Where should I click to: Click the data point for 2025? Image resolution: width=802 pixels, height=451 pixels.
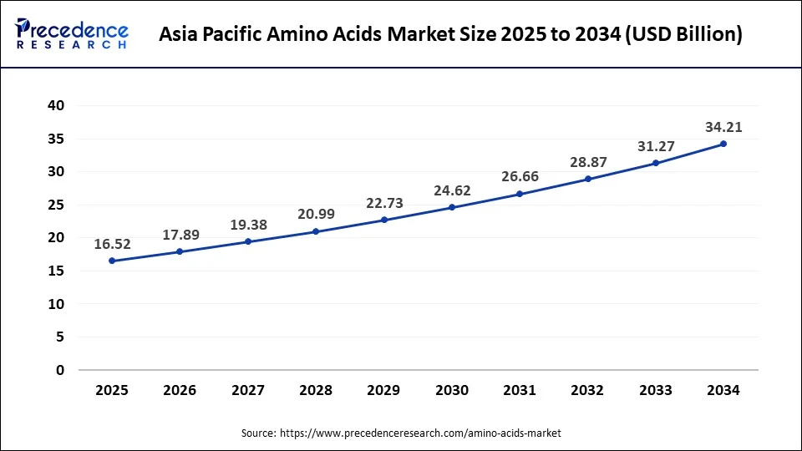[x=113, y=261]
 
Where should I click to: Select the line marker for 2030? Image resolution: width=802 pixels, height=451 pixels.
[x=452, y=207]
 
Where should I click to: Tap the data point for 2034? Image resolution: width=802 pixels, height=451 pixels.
[x=723, y=144]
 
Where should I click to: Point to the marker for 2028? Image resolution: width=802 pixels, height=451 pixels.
[x=317, y=231]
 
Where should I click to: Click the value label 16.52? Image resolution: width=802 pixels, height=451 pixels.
[x=113, y=244]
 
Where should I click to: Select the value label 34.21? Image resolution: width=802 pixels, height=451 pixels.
[x=723, y=127]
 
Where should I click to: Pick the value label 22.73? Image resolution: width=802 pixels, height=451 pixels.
[x=384, y=203]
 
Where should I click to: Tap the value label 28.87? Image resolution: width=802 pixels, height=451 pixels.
[x=588, y=162]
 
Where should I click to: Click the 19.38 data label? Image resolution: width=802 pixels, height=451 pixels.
[x=248, y=225]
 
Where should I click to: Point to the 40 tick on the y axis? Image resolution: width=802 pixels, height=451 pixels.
[x=56, y=105]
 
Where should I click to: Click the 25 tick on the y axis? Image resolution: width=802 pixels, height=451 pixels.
[x=56, y=205]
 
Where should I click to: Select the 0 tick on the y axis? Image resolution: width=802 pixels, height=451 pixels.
[x=60, y=370]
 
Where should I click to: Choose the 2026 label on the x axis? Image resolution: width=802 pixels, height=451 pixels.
[x=180, y=390]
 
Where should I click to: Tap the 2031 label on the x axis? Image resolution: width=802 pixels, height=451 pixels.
[x=520, y=390]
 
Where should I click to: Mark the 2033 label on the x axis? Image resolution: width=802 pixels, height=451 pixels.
[x=656, y=390]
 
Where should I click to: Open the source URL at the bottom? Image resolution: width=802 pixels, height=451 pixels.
[x=420, y=433]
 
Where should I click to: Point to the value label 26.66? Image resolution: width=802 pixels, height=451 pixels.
[x=520, y=176]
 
